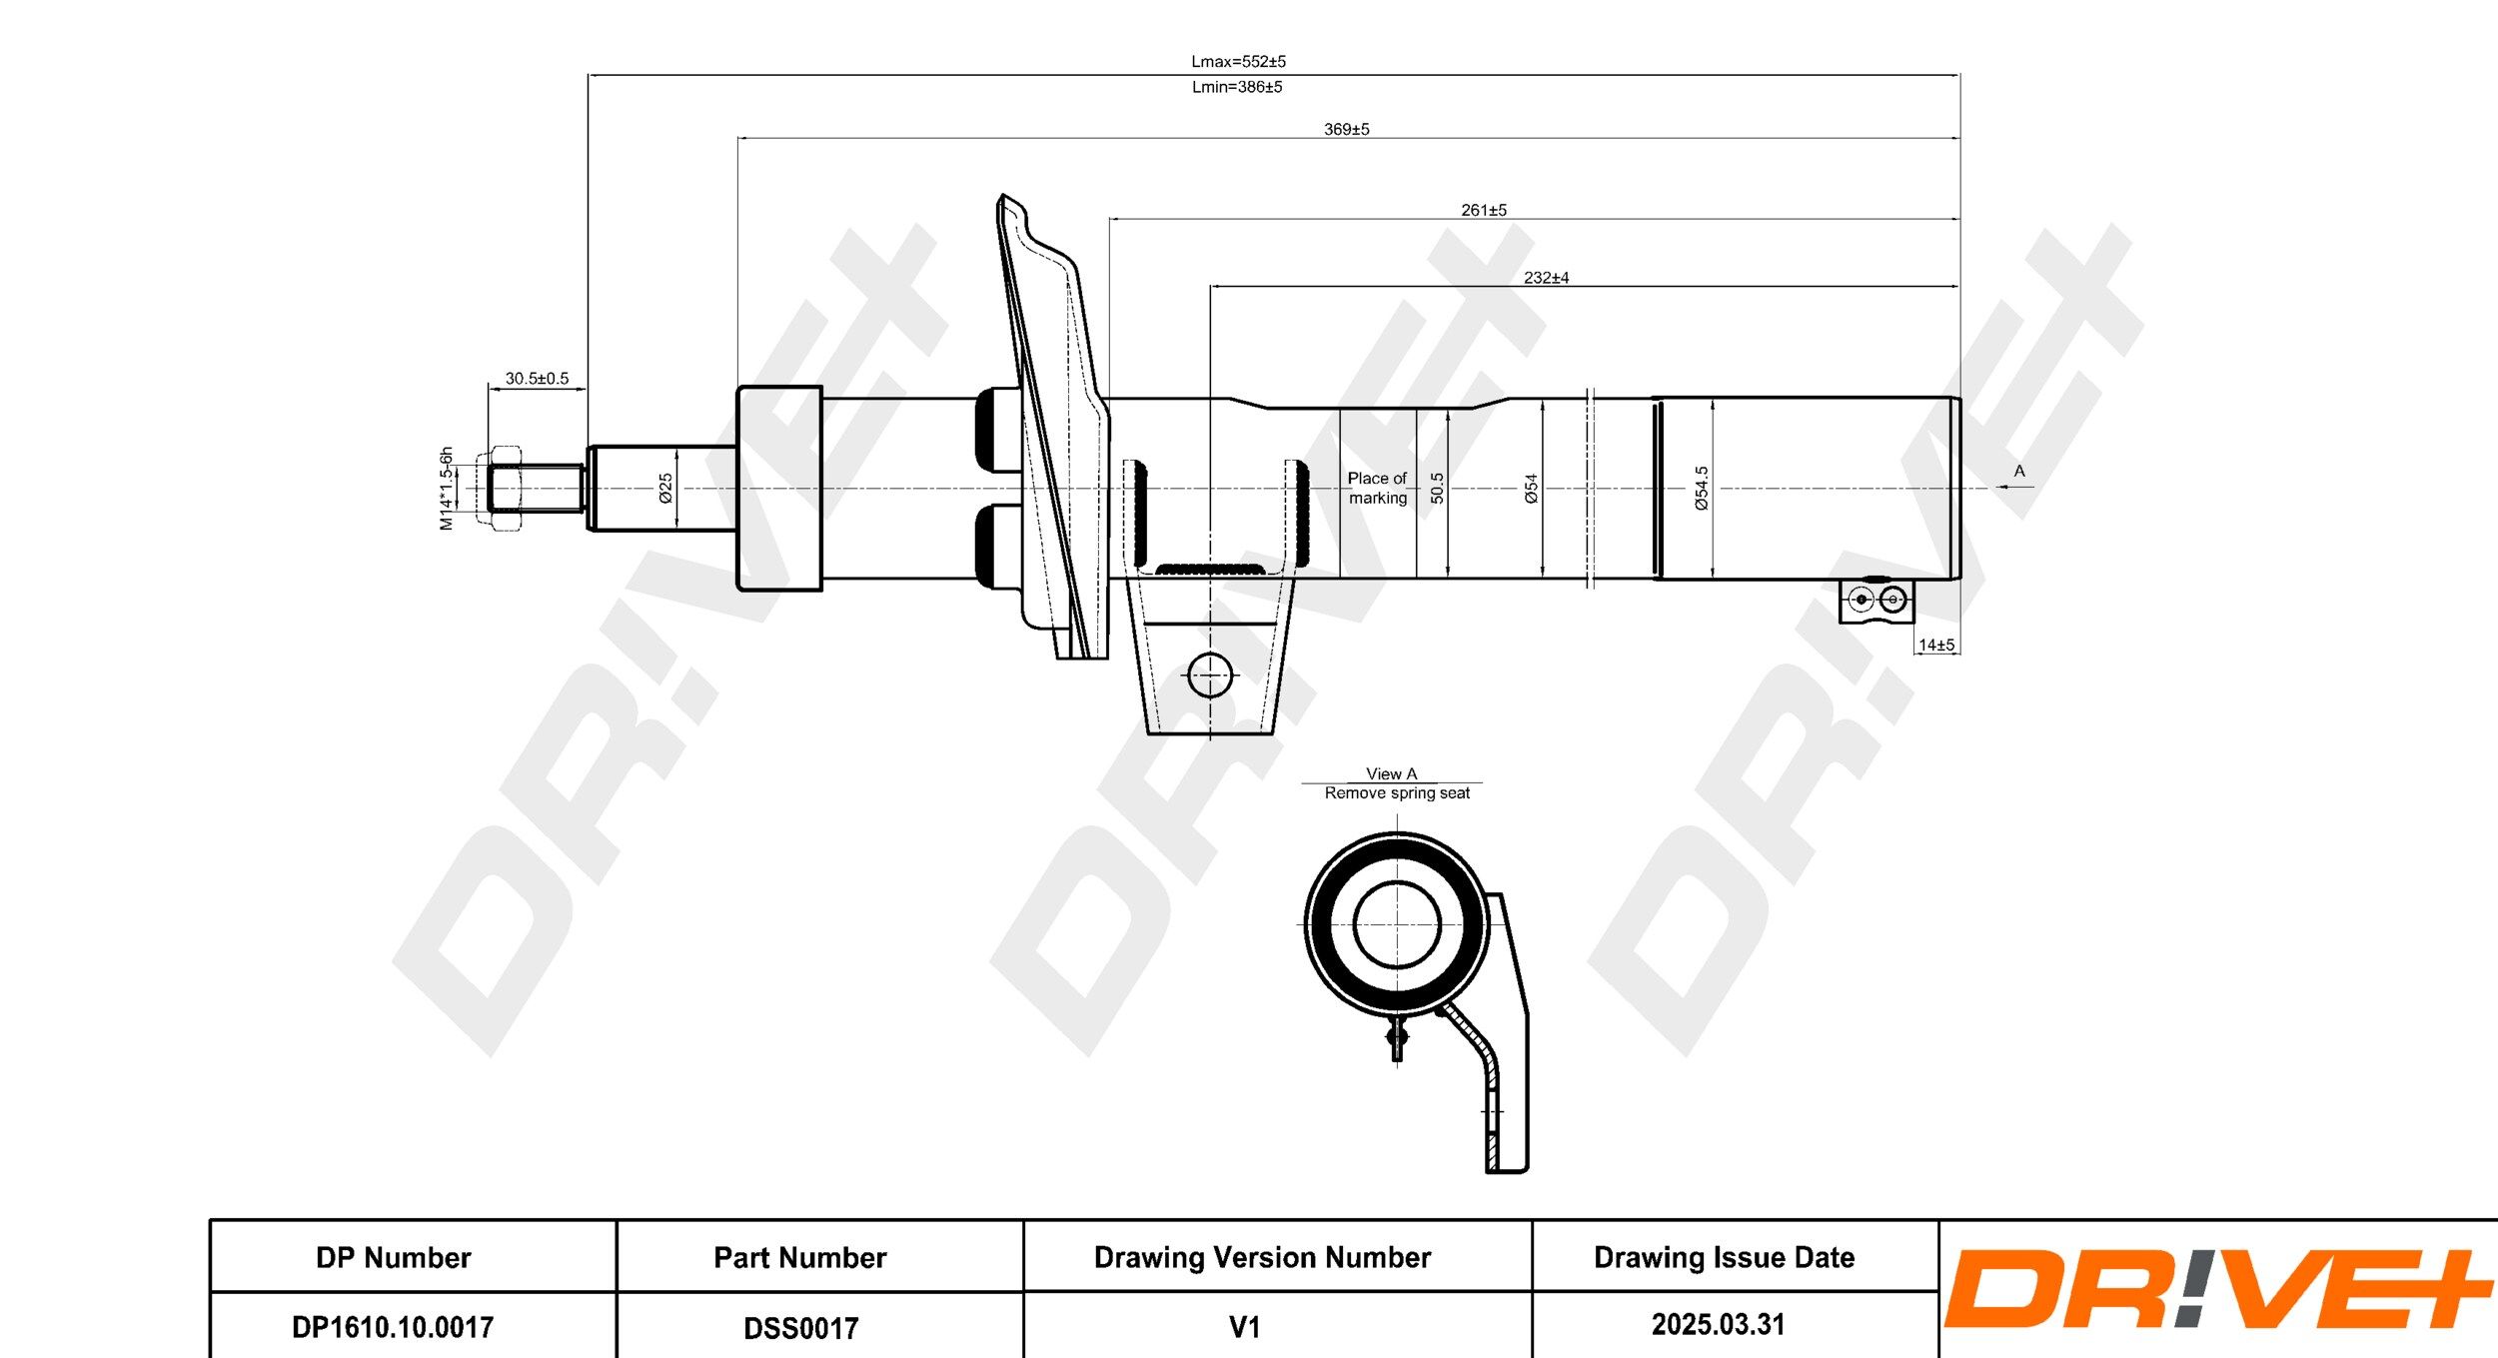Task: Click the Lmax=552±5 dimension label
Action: click(1238, 62)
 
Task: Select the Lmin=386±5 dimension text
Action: click(1236, 87)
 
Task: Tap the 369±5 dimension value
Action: click(1346, 129)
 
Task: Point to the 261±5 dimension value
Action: click(1483, 210)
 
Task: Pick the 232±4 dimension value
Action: click(1545, 278)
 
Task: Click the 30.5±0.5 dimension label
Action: click(537, 379)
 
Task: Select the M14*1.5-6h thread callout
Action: click(447, 489)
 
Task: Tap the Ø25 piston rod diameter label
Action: click(665, 488)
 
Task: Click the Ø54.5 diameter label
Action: click(1702, 489)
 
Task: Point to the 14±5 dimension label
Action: click(1935, 646)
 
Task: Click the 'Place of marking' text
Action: click(1377, 488)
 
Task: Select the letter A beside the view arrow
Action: click(2018, 471)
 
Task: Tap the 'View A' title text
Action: click(1391, 773)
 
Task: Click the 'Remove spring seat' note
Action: click(1397, 793)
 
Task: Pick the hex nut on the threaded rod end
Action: click(506, 489)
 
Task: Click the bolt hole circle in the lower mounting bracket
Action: click(1210, 676)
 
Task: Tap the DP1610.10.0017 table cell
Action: click(393, 1327)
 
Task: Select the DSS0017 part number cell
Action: click(800, 1328)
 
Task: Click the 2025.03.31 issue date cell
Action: click(1718, 1325)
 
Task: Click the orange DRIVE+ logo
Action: click(2216, 1289)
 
